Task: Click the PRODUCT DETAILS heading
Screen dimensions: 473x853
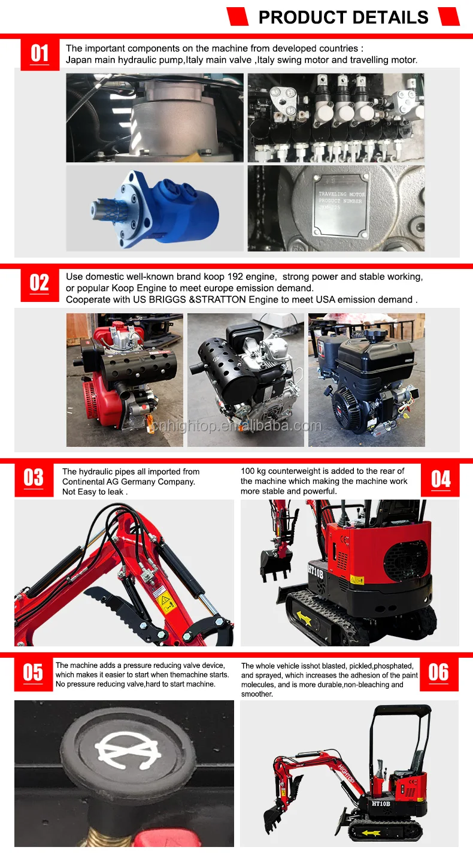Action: [x=343, y=17]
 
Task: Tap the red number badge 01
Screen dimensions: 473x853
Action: [x=40, y=53]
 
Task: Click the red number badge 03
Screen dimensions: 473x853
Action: [x=34, y=479]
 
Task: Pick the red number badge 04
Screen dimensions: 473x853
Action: [x=440, y=479]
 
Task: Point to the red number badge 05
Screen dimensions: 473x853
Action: [x=33, y=674]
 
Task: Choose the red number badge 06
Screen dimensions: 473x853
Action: [x=439, y=674]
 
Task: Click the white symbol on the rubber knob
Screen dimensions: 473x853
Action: [x=128, y=750]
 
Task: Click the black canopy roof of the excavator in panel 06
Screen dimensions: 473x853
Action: [x=402, y=710]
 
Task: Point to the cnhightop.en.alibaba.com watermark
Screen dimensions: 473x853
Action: [x=236, y=426]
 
